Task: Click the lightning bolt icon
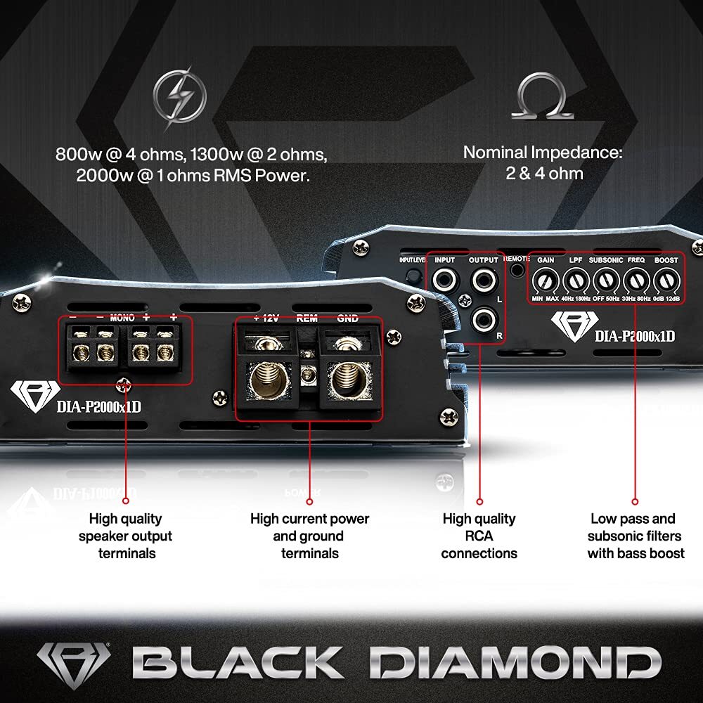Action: [180, 99]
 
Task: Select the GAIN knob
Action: [546, 282]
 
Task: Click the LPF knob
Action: [576, 282]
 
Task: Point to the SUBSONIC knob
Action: [605, 282]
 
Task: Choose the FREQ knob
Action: [636, 282]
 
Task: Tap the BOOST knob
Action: [665, 282]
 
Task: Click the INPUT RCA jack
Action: [445, 282]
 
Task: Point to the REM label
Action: [307, 318]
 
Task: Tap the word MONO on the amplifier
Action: [122, 318]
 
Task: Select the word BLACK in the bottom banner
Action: [236, 662]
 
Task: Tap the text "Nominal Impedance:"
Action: [543, 152]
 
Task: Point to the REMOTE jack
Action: [519, 269]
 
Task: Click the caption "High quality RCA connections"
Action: [479, 536]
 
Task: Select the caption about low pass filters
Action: [636, 536]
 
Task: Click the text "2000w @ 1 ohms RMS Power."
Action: [193, 176]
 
